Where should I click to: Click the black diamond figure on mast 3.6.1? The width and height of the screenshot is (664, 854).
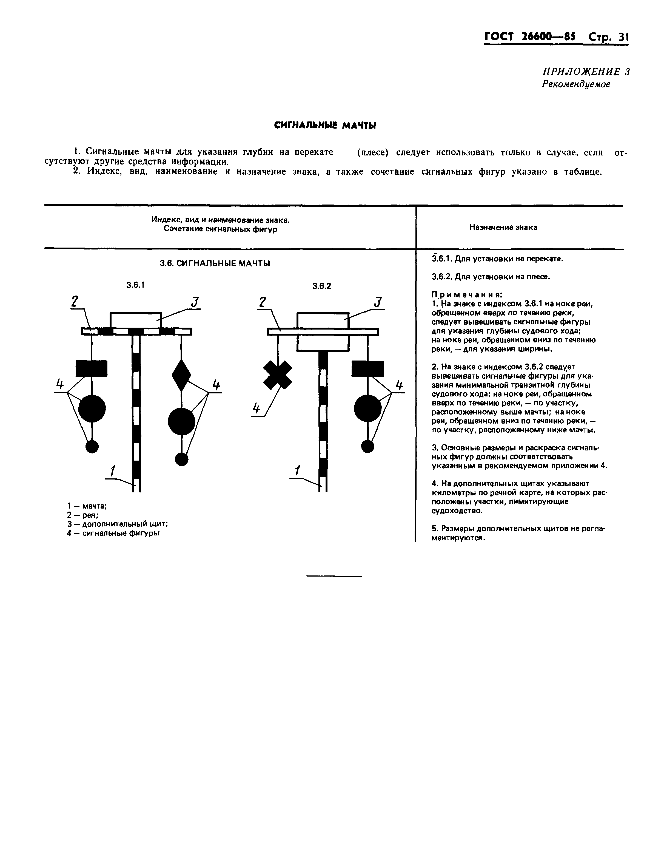pyautogui.click(x=181, y=375)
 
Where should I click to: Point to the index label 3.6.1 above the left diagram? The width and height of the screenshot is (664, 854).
pyautogui.click(x=135, y=285)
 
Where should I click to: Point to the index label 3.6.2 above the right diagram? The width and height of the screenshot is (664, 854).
pyautogui.click(x=322, y=286)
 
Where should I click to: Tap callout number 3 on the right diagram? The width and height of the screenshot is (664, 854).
pyautogui.click(x=378, y=302)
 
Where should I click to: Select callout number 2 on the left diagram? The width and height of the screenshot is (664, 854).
pyautogui.click(x=75, y=302)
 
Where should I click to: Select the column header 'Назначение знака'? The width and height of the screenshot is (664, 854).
pyautogui.click(x=503, y=227)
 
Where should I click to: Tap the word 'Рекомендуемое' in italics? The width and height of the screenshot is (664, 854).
pyautogui.click(x=576, y=84)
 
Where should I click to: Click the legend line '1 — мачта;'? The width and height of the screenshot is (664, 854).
pyautogui.click(x=87, y=506)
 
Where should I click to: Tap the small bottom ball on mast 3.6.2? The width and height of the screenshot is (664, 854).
pyautogui.click(x=367, y=446)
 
